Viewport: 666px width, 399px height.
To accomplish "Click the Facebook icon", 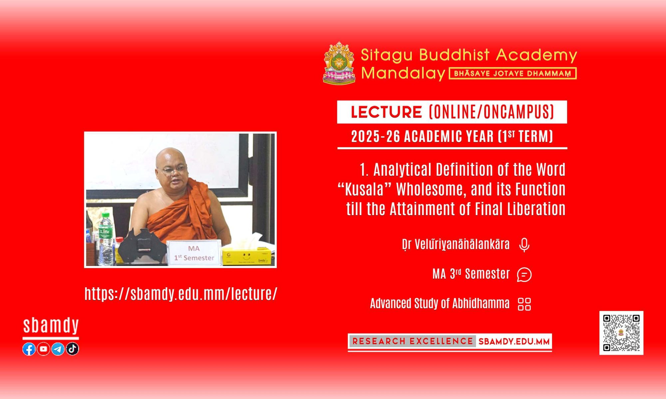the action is pos(29,349).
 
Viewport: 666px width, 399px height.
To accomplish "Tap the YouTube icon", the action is pos(43,349).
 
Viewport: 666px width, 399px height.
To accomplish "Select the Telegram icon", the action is pos(58,349).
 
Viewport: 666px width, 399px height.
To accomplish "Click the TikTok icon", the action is pos(72,349).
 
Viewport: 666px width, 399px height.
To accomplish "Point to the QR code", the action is pos(621,333).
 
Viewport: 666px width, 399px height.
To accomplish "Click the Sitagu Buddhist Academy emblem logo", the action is pos(339,63).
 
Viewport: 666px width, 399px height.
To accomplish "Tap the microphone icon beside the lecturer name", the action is pos(524,245).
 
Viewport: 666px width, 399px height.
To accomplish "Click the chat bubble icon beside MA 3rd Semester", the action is pos(524,275).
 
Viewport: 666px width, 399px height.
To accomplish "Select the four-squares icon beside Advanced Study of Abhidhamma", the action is pos(524,304).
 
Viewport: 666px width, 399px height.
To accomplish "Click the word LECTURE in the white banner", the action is pos(386,112).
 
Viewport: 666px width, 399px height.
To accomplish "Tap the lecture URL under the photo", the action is pos(181,294).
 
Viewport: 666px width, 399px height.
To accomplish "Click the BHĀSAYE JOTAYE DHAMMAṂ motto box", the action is pos(513,73).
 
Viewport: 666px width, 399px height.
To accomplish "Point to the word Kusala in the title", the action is pos(364,190).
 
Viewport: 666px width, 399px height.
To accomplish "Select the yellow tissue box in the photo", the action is pos(246,255).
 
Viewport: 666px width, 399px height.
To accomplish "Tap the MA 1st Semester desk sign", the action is pos(194,253).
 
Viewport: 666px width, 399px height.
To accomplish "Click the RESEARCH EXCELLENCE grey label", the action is pos(412,341).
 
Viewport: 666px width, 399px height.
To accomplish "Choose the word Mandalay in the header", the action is pos(403,73).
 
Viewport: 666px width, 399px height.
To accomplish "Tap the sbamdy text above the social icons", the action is pos(51,326).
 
